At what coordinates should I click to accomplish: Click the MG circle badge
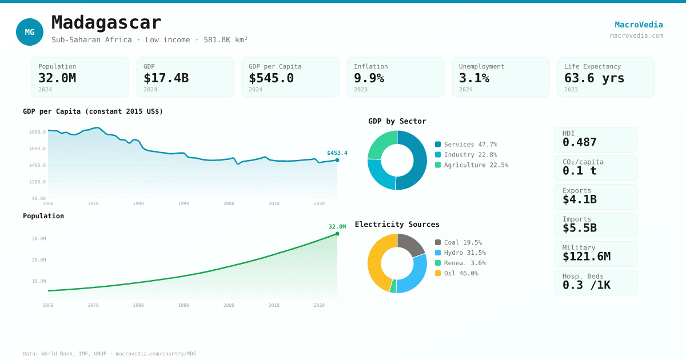tap(30, 32)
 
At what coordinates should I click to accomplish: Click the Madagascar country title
tap(106, 22)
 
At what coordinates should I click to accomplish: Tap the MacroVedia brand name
tap(639, 25)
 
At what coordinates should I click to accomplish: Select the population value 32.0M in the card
tap(57, 78)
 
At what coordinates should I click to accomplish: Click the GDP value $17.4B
tap(166, 78)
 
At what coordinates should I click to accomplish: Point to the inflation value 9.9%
tap(369, 78)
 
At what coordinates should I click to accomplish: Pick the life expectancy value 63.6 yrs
tap(594, 78)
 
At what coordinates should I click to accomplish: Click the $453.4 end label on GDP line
tap(337, 153)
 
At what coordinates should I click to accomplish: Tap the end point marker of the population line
tap(337, 234)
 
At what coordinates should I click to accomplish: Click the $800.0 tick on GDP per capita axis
tap(37, 132)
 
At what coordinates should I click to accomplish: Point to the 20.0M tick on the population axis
tap(39, 260)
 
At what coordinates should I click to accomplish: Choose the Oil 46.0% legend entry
tap(461, 273)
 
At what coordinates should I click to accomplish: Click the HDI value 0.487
tap(579, 142)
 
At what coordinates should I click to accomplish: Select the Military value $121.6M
tap(586, 257)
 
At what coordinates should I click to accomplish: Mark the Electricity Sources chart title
tap(397, 225)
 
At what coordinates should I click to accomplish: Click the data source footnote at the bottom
tap(109, 354)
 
